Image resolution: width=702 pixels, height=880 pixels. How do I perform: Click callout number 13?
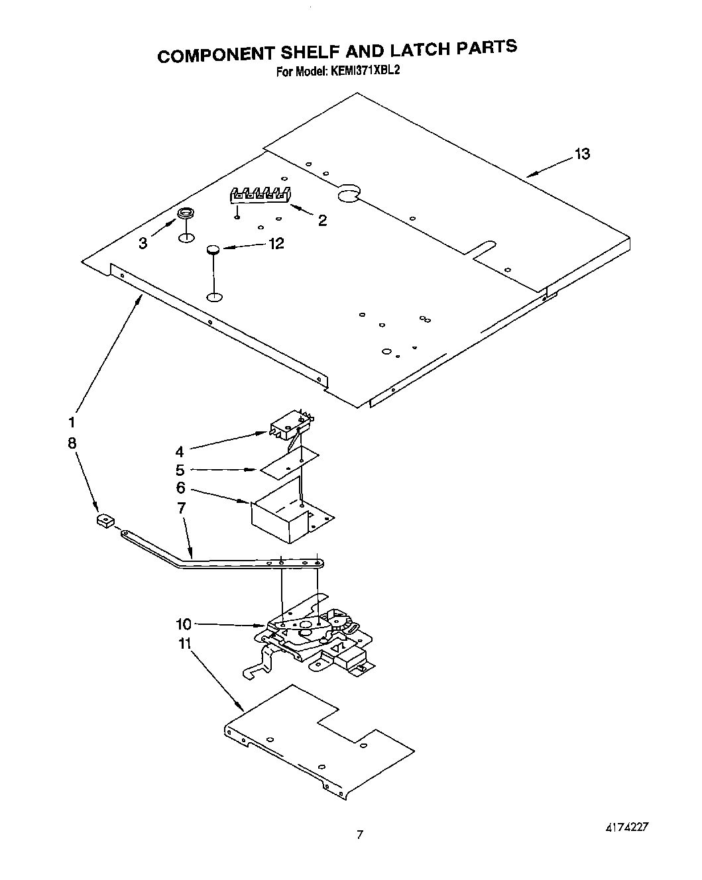582,154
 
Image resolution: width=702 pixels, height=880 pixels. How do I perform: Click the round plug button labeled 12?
213,250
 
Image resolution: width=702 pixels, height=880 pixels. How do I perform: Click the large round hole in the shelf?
348,193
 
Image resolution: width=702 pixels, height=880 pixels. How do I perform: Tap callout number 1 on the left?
72,422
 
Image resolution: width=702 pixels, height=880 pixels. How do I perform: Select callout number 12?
276,244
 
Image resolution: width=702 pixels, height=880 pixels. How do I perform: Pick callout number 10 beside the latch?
184,624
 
